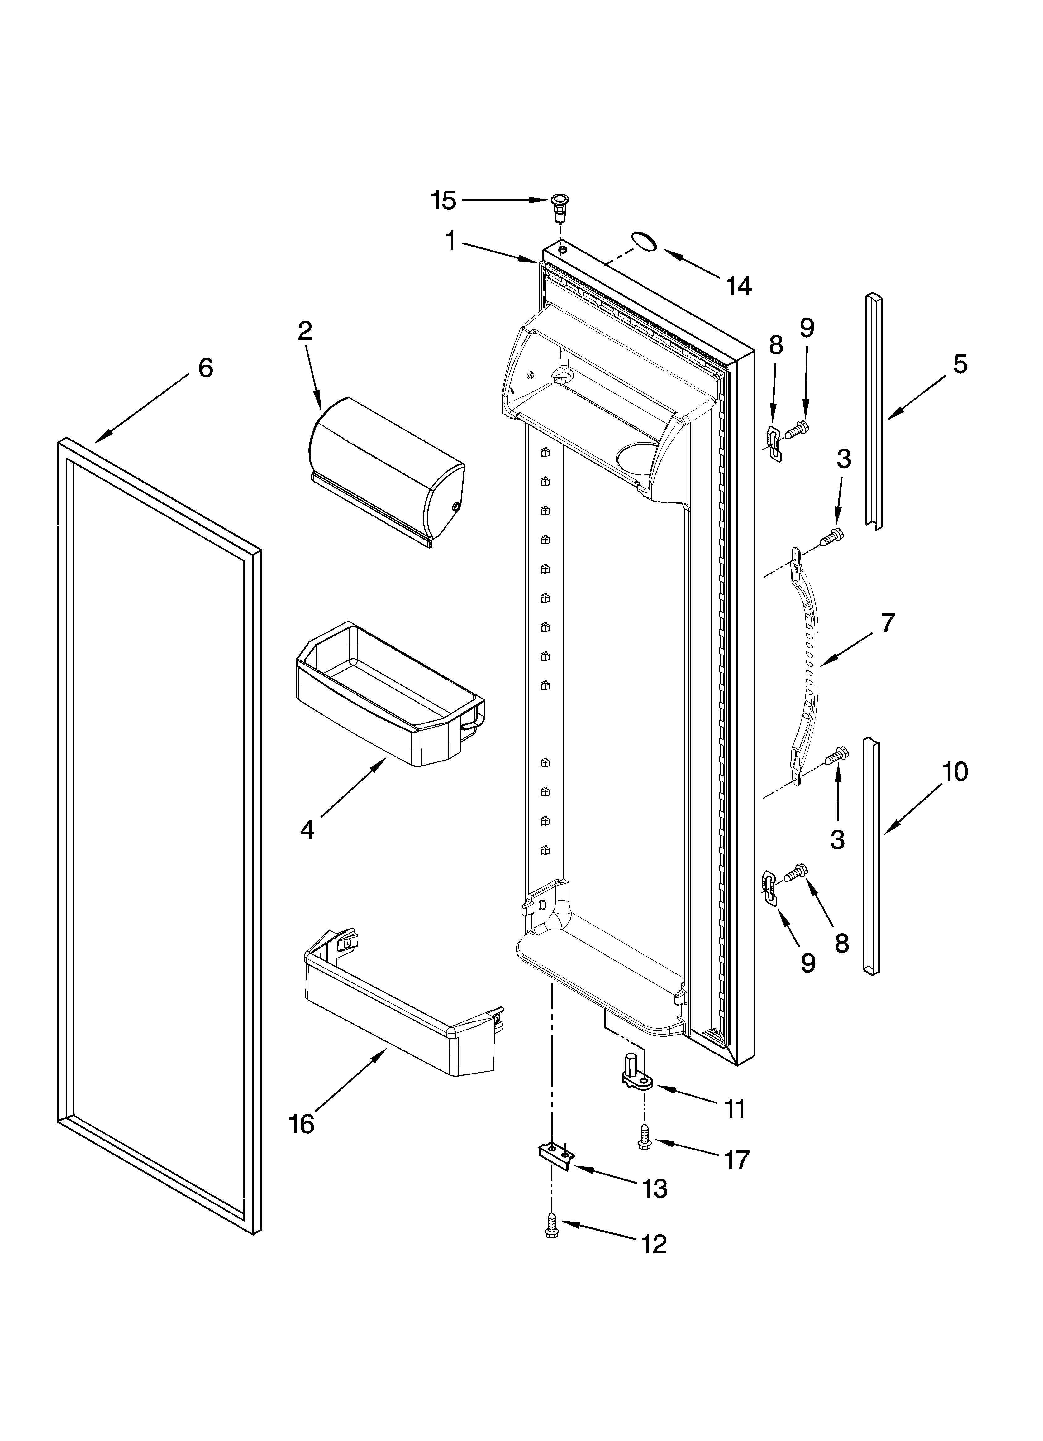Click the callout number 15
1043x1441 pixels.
[x=443, y=201]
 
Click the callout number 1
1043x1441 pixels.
[x=450, y=242]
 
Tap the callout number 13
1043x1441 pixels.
[x=654, y=1187]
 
